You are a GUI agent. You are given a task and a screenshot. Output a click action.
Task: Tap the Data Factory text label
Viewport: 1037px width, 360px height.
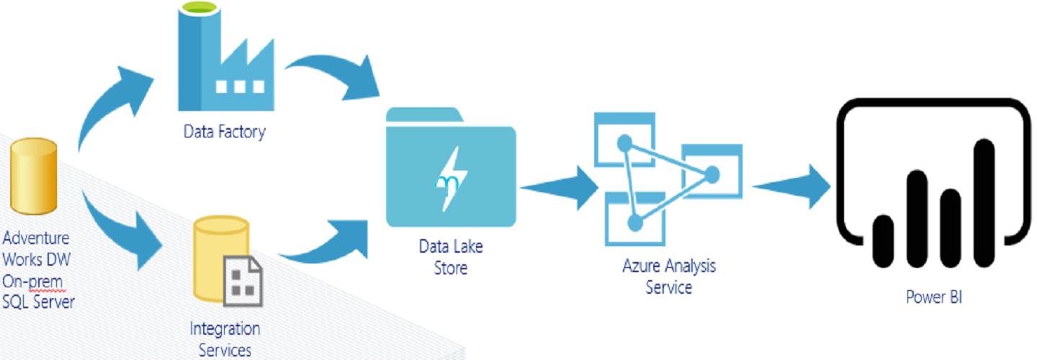pos(224,132)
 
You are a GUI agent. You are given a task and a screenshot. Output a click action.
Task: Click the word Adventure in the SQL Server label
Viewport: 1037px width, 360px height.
pos(36,238)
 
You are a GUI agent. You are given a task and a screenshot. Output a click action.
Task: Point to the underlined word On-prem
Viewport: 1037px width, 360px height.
pos(33,281)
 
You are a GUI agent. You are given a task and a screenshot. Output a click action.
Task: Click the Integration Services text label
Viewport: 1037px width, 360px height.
pos(225,339)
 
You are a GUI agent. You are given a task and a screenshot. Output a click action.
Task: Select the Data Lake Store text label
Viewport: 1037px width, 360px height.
pos(452,257)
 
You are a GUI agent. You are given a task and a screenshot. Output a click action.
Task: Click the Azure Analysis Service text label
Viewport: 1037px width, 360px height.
pos(669,276)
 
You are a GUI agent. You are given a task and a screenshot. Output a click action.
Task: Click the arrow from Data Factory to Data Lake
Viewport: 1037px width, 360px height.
pos(335,76)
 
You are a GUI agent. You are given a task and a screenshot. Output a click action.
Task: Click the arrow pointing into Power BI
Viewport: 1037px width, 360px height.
pos(792,187)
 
